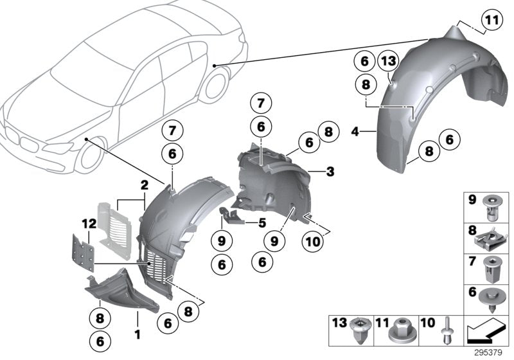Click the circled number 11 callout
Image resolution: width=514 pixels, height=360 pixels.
tap(490, 21)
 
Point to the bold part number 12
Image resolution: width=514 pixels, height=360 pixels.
tap(89, 224)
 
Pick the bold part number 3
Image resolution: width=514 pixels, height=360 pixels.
tap(330, 172)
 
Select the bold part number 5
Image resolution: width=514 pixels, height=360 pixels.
tap(261, 223)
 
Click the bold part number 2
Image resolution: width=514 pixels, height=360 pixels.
tap(145, 184)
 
